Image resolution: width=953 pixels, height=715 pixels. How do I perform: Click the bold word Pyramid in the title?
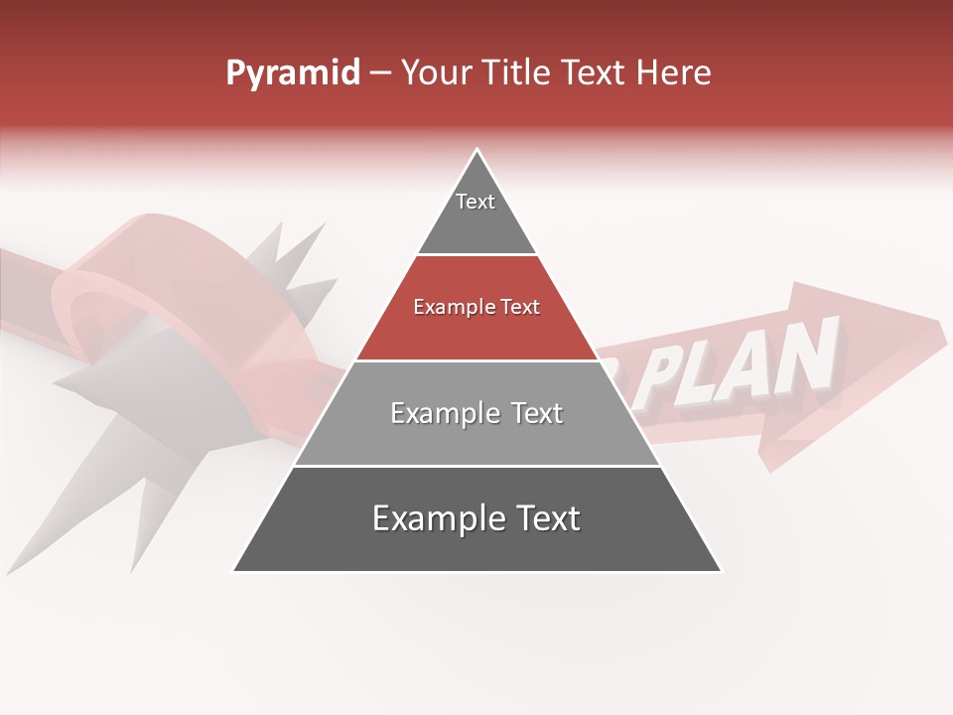[x=292, y=73]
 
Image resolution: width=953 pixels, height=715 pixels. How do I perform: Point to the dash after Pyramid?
[x=379, y=73]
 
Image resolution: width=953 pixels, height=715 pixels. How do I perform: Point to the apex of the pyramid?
[x=477, y=150]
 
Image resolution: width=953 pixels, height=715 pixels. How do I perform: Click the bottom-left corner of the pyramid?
[x=234, y=571]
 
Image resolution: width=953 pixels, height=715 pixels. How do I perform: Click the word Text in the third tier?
[x=531, y=413]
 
